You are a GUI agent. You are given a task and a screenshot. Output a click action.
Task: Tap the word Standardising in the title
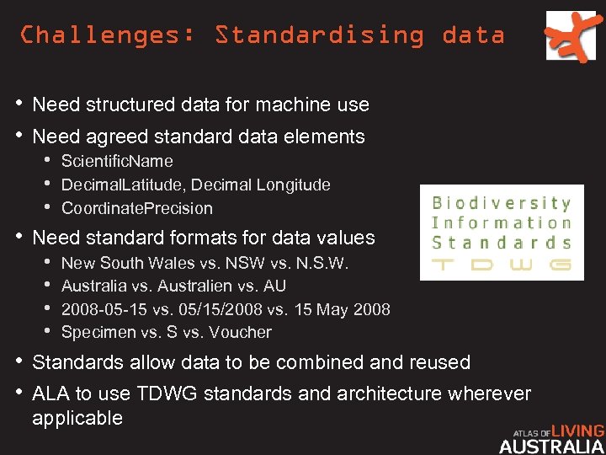[x=320, y=35]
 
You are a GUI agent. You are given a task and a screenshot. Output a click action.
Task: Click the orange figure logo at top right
[x=575, y=35]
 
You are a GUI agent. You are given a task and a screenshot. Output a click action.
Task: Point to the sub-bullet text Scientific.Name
[x=117, y=161]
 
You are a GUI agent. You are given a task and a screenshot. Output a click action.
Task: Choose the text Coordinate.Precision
[x=137, y=208]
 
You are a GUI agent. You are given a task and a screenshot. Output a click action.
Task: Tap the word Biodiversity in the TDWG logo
[x=502, y=203]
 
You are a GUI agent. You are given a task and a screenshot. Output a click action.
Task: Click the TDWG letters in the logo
[x=502, y=265]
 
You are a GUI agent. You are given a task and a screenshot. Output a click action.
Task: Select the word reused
[x=439, y=362]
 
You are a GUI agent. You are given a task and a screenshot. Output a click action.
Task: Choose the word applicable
[x=77, y=418]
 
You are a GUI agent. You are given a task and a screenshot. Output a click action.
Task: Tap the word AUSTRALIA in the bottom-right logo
[x=551, y=447]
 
